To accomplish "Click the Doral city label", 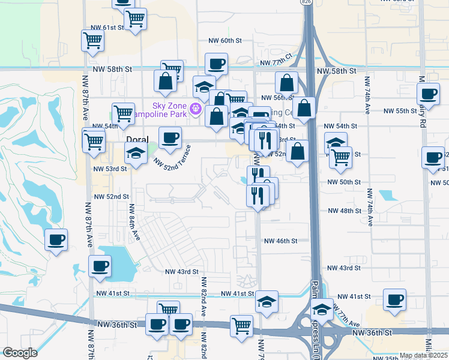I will [137, 139].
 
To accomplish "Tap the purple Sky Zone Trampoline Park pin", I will [195, 109].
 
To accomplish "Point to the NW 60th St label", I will [224, 41].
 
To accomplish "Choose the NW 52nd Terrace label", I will [172, 157].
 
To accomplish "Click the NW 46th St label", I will [282, 241].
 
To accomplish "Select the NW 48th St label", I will [343, 211].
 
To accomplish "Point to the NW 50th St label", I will [344, 182].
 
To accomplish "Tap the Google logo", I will [20, 353].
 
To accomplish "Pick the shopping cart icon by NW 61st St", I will [93, 41].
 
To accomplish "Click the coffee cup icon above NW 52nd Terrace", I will [169, 137].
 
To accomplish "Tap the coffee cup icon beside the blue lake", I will [100, 266].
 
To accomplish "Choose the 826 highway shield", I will [307, 2].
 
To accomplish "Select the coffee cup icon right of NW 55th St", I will [429, 94].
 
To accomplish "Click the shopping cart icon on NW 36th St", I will [242, 326].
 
